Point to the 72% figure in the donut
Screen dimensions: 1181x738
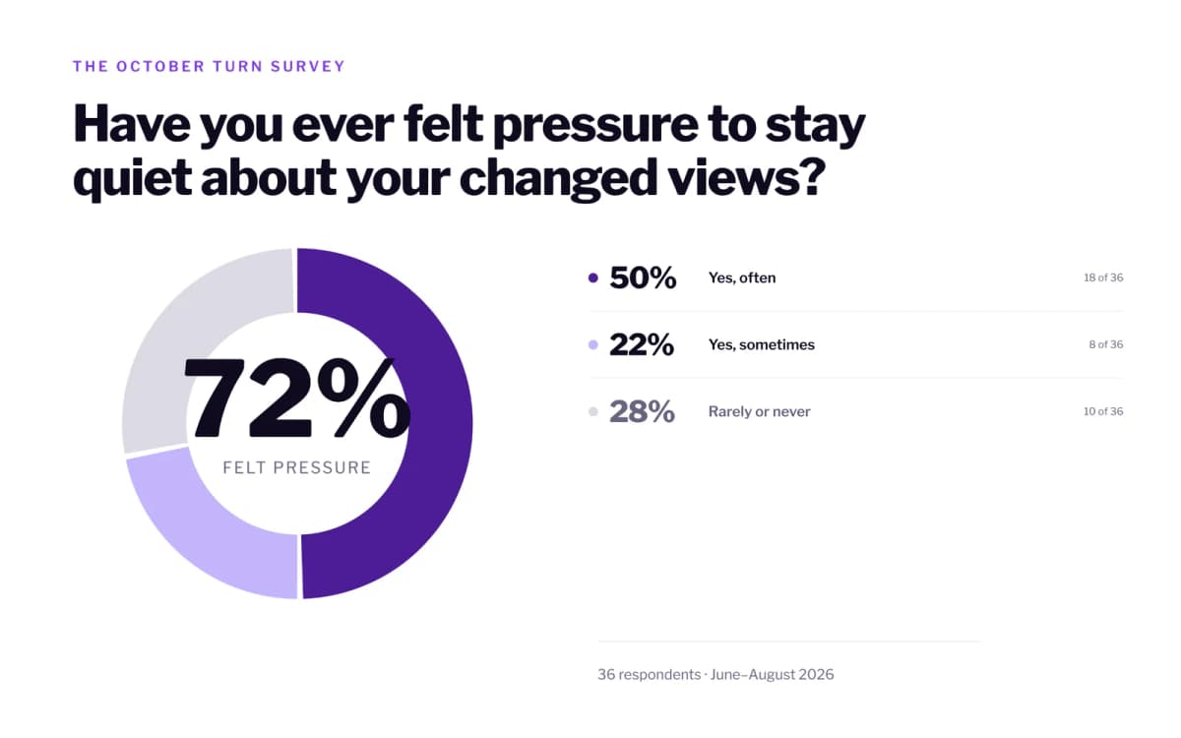(297, 398)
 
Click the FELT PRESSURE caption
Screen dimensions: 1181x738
(297, 467)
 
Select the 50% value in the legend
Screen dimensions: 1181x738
(643, 277)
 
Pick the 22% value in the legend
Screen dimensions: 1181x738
(642, 344)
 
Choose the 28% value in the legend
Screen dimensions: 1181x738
(642, 411)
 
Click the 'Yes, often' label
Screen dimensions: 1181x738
(742, 277)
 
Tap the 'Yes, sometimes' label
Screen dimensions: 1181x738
(762, 344)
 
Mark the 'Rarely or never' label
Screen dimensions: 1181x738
(759, 411)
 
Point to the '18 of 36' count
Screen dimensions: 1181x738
(1103, 277)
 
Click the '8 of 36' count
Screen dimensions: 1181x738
(1106, 344)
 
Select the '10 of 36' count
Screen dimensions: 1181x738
(1103, 411)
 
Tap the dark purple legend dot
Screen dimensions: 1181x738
(593, 277)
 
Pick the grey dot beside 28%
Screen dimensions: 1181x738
(593, 411)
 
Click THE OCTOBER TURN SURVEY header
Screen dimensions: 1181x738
(209, 67)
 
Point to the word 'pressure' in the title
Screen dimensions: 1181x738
(595, 127)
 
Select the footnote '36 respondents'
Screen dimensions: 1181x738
(649, 675)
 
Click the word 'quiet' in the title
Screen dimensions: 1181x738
(132, 179)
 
